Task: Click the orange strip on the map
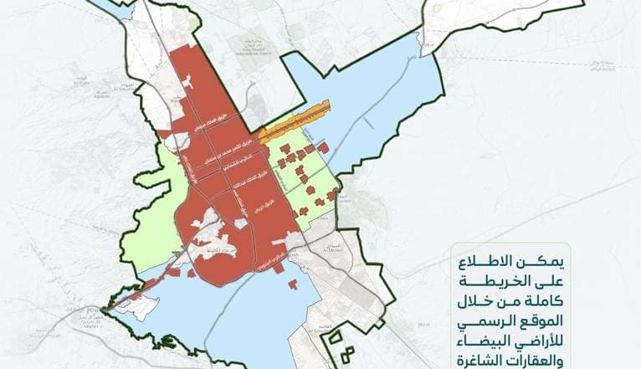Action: tap(293, 123)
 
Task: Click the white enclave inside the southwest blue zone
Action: tap(134, 305)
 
